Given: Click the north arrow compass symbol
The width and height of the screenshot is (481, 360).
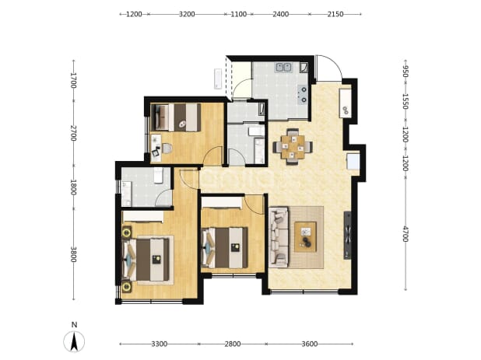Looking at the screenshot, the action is (x=74, y=341).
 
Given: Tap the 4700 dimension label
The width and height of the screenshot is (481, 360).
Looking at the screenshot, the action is (x=406, y=234).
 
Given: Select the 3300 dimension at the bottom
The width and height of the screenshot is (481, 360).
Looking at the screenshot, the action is (x=160, y=344).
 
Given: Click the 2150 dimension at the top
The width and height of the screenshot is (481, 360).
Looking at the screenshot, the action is (x=335, y=14).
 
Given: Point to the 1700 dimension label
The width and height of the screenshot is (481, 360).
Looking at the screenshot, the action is (x=73, y=80).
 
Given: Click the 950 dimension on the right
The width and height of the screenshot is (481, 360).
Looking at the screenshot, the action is (x=406, y=72).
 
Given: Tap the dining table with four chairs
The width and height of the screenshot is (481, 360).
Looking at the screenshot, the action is (x=293, y=147).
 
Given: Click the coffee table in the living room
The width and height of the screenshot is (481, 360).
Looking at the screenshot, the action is (x=305, y=236).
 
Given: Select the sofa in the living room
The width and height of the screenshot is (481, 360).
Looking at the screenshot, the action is (x=279, y=237).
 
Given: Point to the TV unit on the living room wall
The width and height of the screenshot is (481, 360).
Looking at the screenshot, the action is (x=347, y=235).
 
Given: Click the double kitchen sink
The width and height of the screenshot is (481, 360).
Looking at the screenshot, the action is (x=283, y=67).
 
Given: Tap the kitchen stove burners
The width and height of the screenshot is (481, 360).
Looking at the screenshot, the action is (x=303, y=94).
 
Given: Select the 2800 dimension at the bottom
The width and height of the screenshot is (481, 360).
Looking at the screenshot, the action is (x=232, y=344).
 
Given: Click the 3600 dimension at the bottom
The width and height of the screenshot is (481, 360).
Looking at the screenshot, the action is (x=310, y=344).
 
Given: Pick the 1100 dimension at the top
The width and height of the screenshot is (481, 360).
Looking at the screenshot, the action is (x=238, y=14).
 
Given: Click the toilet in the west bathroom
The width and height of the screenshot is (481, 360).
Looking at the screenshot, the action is (x=158, y=175).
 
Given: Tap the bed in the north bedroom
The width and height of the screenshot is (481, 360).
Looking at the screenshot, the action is (x=177, y=117).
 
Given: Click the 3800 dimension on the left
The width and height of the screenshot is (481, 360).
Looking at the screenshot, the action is (x=73, y=254).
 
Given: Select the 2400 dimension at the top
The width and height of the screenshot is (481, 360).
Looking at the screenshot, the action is (x=281, y=14).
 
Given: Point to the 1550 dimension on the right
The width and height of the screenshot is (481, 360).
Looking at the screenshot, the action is (x=406, y=101).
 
